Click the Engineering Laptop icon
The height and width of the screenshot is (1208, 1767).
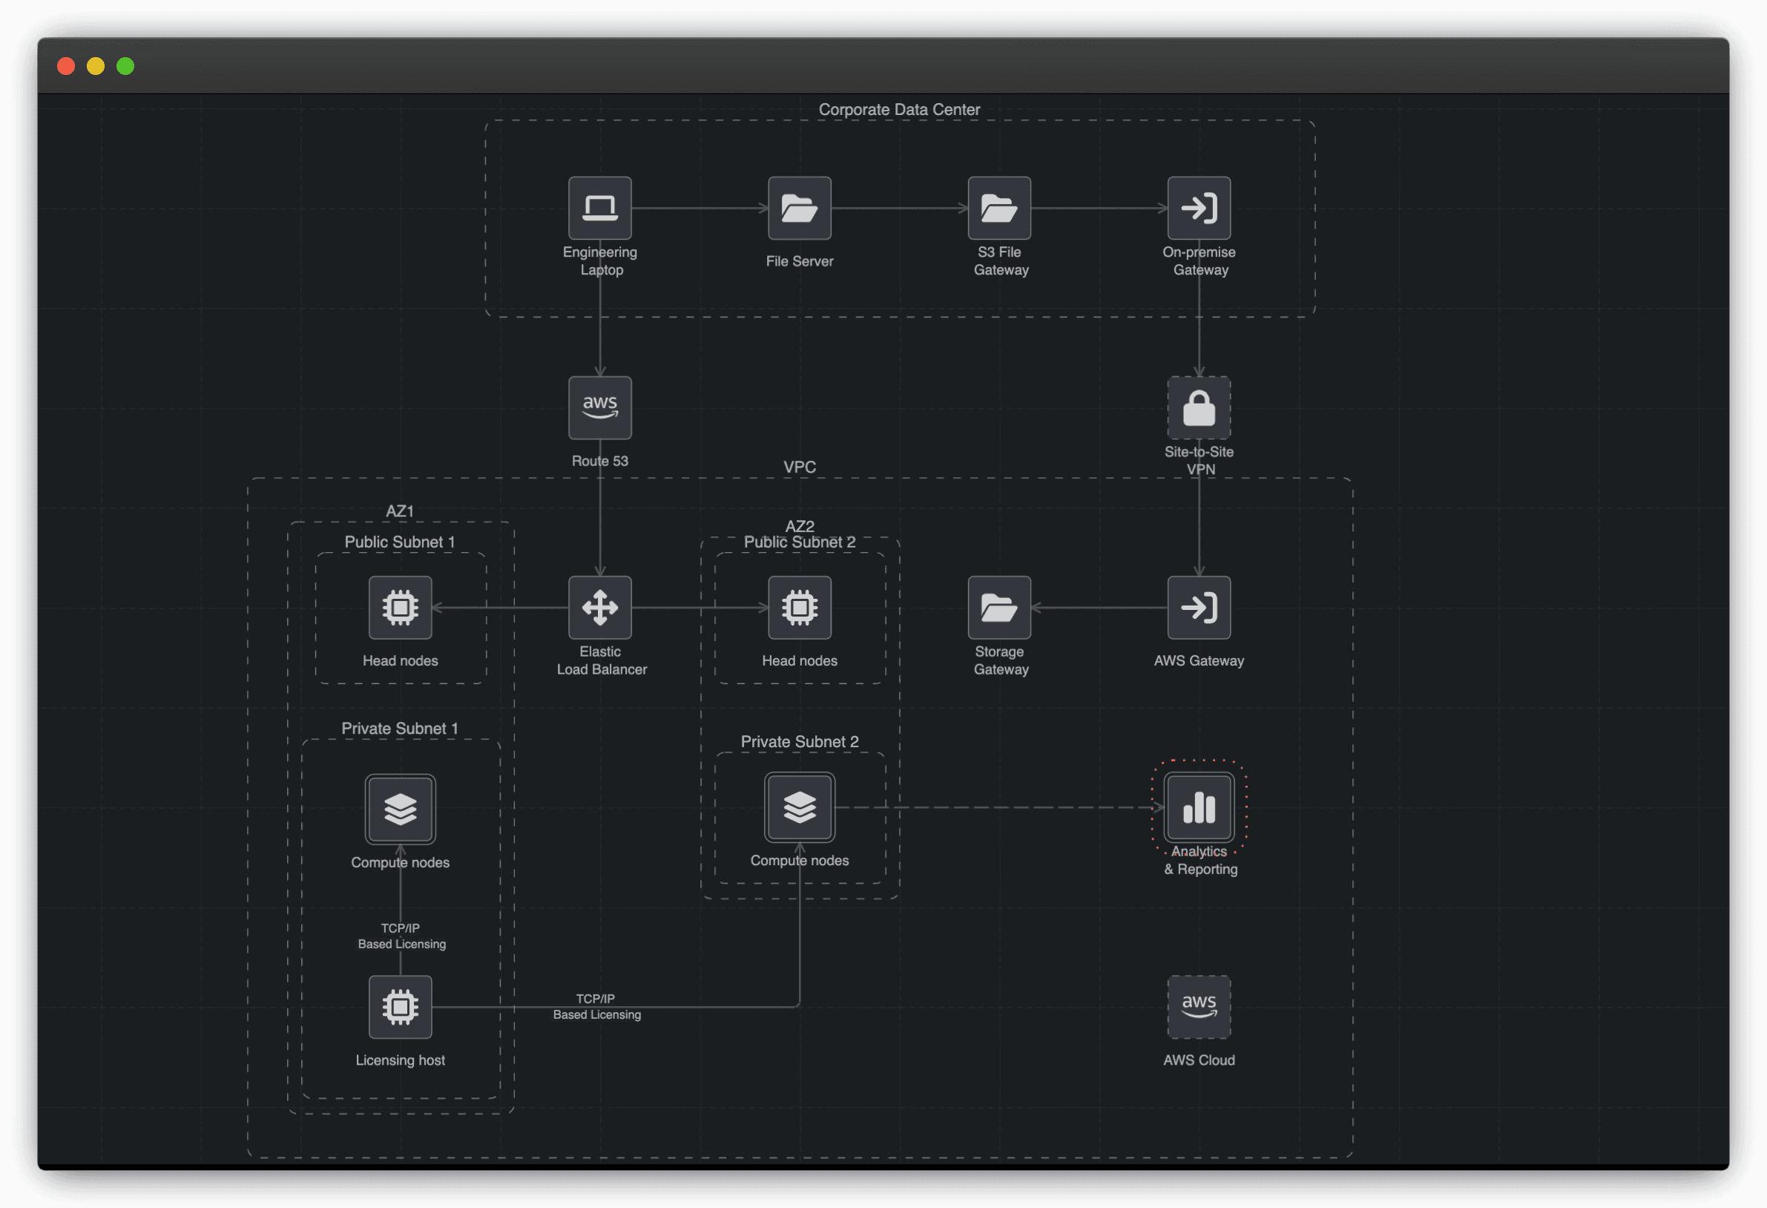tap(600, 208)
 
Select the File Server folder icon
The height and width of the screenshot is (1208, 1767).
tap(799, 208)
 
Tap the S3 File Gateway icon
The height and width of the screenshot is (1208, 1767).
tap(999, 208)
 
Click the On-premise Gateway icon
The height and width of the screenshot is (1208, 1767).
tap(1198, 208)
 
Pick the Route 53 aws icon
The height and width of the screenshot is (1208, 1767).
tap(600, 408)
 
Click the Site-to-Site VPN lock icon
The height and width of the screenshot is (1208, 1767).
tap(1198, 408)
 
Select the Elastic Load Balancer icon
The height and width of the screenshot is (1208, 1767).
tap(600, 607)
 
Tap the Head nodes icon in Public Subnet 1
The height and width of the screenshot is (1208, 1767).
tap(400, 607)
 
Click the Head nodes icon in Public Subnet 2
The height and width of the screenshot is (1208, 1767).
tap(799, 607)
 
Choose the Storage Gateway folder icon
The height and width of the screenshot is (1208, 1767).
tap(999, 607)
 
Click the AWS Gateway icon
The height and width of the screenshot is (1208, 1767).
tap(1198, 607)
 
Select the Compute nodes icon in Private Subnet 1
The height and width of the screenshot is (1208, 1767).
tap(400, 809)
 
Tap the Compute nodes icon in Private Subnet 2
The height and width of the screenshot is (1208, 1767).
tap(799, 807)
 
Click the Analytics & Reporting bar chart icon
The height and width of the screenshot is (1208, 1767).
tap(1198, 807)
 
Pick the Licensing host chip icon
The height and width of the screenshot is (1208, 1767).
tap(400, 1006)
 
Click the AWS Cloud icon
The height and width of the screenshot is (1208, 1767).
tap(1198, 1006)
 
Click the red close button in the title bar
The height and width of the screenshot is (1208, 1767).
tap(66, 66)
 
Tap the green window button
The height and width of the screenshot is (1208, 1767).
tap(125, 66)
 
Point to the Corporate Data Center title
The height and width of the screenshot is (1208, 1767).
tap(898, 110)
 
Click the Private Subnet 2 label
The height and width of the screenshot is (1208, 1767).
tap(799, 741)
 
